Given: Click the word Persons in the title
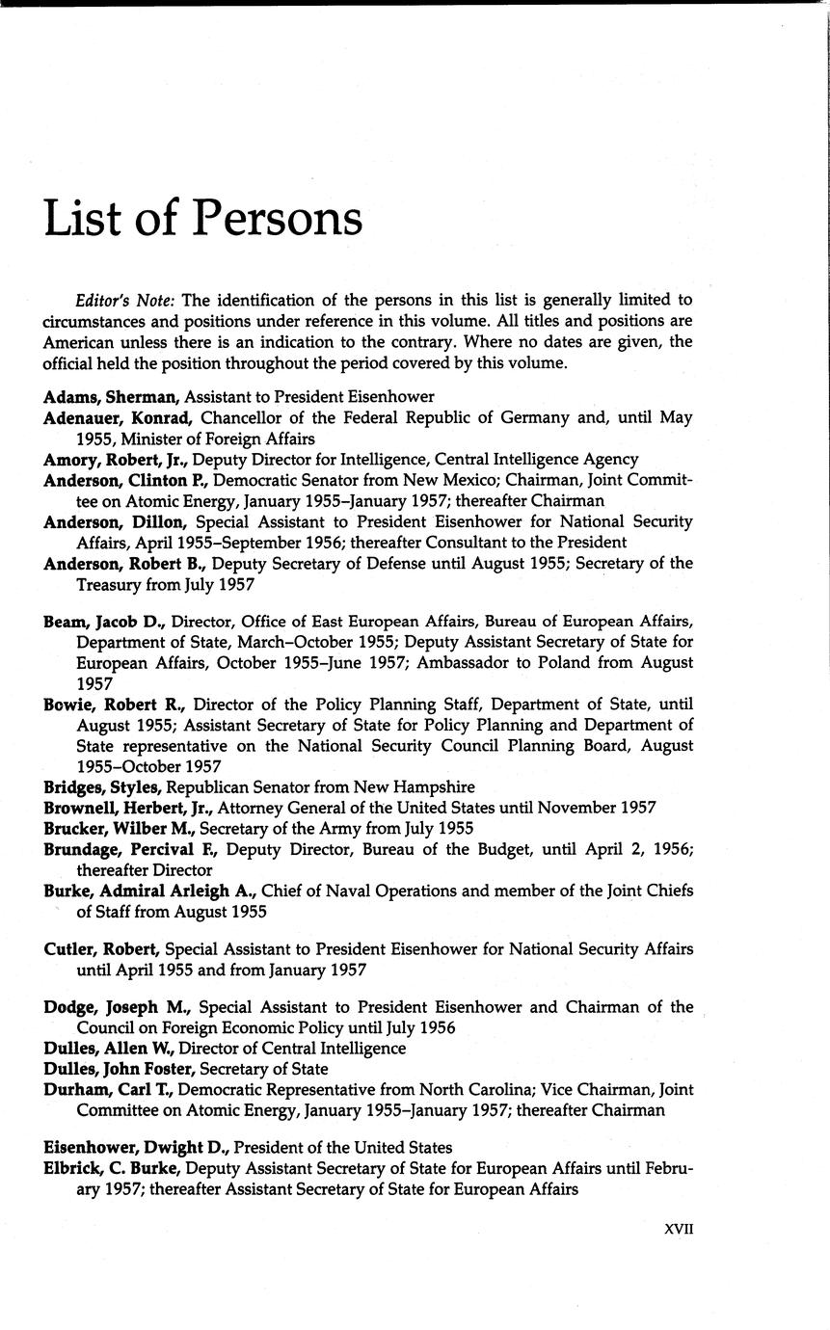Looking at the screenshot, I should (278, 220).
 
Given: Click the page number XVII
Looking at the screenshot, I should (680, 1229).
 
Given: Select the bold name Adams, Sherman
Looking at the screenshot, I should (113, 396).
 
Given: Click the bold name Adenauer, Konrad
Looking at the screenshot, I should (120, 417).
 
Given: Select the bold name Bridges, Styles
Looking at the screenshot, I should (103, 787).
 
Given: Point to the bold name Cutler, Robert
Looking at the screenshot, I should (101, 948).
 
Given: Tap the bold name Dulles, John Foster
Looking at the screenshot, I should (117, 1069).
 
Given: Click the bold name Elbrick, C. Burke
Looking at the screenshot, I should (113, 1169).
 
